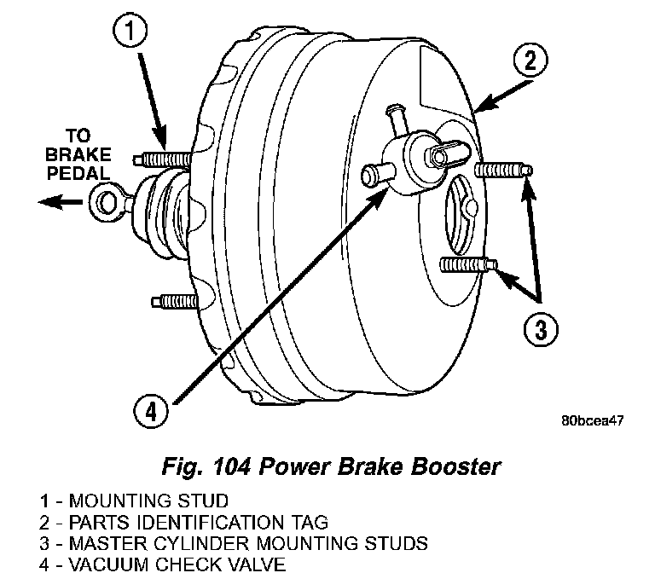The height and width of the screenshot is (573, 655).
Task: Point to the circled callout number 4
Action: (x=150, y=412)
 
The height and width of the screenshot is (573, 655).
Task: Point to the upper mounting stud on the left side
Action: (x=164, y=159)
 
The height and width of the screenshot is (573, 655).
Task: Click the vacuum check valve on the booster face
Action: (x=401, y=156)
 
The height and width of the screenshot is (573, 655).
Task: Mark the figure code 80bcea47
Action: (x=592, y=421)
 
